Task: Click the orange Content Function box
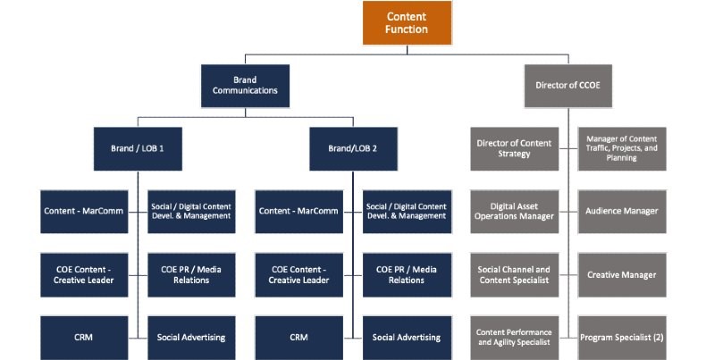pyautogui.click(x=407, y=23)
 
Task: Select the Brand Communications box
pyautogui.click(x=245, y=86)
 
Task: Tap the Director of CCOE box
pyautogui.click(x=567, y=86)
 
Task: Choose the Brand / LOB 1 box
pyautogui.click(x=138, y=148)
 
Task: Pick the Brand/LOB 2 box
pyautogui.click(x=353, y=148)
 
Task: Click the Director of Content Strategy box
pyautogui.click(x=514, y=148)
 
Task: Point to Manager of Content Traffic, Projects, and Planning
pyautogui.click(x=622, y=148)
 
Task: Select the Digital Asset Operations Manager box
pyautogui.click(x=514, y=212)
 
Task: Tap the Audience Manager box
pyautogui.click(x=622, y=212)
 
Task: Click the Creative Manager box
pyautogui.click(x=622, y=275)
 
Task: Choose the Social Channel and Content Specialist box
pyautogui.click(x=514, y=275)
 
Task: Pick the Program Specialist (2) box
pyautogui.click(x=622, y=338)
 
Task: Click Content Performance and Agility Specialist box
pyautogui.click(x=514, y=338)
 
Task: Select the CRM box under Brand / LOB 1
pyautogui.click(x=84, y=338)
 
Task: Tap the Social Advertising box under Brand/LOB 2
pyautogui.click(x=407, y=338)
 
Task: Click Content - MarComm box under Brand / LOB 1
pyautogui.click(x=84, y=212)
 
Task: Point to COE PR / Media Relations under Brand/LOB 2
pyautogui.click(x=407, y=275)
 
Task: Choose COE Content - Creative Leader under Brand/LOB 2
pyautogui.click(x=299, y=275)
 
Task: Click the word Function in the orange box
pyautogui.click(x=407, y=29)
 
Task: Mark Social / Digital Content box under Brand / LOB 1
pyautogui.click(x=191, y=212)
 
